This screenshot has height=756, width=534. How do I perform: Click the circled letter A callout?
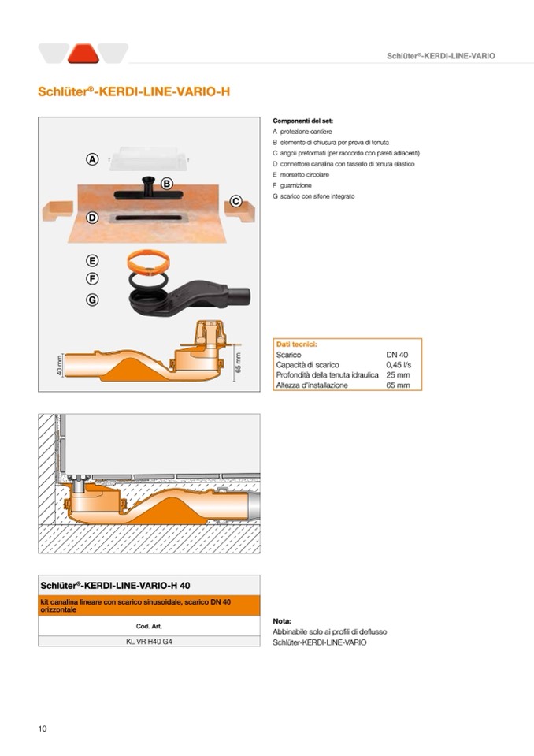click(x=92, y=159)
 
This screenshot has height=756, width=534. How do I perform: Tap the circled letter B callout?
click(x=167, y=183)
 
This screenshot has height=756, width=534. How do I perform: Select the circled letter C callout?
click(x=235, y=202)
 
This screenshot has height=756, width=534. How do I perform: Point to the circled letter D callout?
click(x=92, y=218)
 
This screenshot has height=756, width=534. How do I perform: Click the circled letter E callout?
click(x=92, y=260)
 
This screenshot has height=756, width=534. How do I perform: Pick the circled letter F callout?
click(x=92, y=278)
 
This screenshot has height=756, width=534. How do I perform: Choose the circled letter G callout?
click(x=92, y=300)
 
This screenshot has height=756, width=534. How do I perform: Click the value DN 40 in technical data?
click(x=397, y=355)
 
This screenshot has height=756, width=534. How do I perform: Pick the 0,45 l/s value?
click(x=398, y=365)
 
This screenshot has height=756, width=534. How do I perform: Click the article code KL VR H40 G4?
click(x=149, y=641)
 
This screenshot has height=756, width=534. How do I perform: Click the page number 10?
click(x=43, y=728)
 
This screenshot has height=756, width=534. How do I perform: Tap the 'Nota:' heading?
click(x=282, y=621)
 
